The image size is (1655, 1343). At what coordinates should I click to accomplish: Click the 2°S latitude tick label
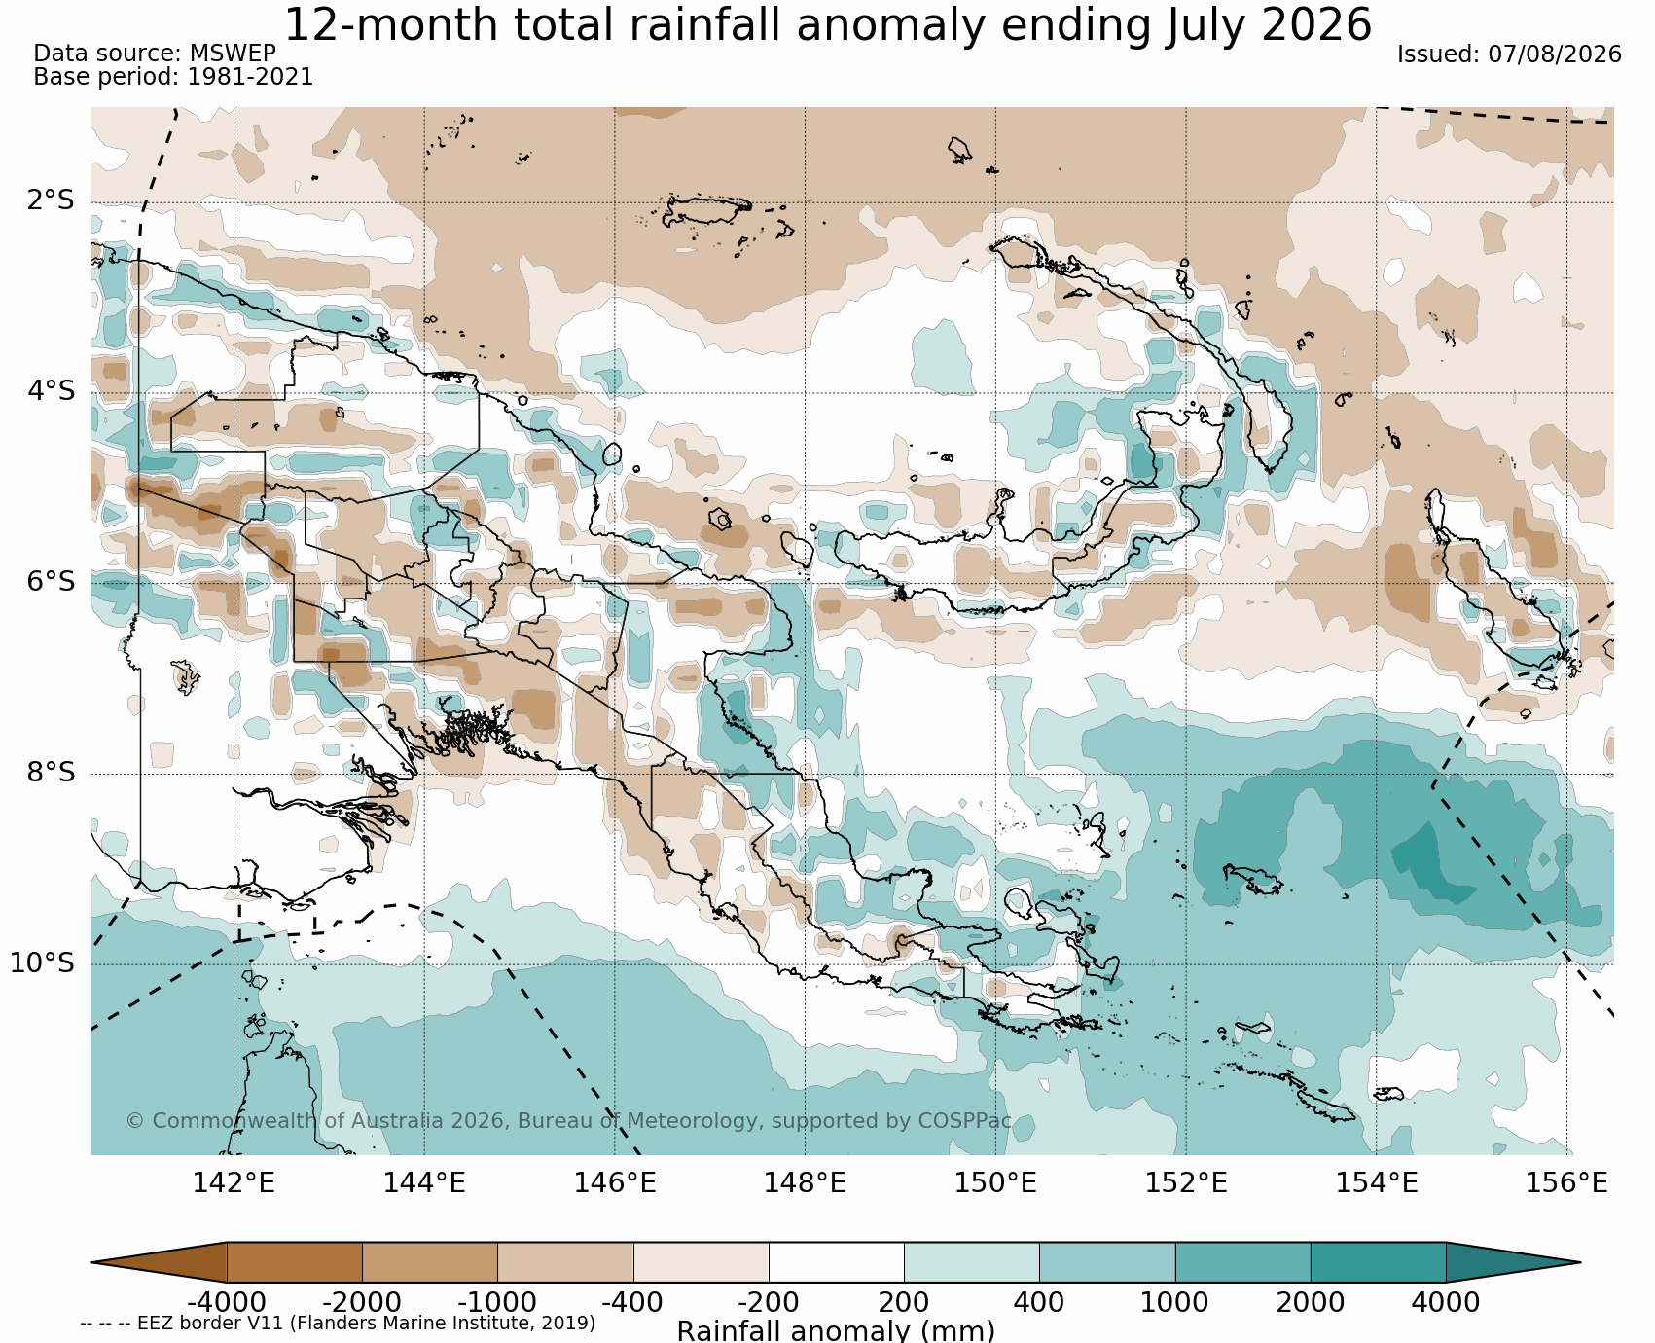[x=51, y=201]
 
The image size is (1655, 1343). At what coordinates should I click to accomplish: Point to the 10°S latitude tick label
[x=43, y=963]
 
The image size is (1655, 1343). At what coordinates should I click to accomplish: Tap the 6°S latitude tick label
[x=51, y=582]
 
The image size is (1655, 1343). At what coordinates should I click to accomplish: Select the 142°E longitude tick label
[x=234, y=1183]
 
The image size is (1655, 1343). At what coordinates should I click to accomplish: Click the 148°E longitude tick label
[x=805, y=1183]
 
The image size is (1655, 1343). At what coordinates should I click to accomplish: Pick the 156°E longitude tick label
[x=1566, y=1183]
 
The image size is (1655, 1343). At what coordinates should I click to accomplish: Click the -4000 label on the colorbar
[x=227, y=1302]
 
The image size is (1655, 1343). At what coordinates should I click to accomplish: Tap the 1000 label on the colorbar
[x=1174, y=1302]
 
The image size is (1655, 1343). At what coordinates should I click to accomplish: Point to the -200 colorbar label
[x=769, y=1302]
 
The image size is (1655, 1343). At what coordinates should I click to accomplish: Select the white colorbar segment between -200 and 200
[x=837, y=1262]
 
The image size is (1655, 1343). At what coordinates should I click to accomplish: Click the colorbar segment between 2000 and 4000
[x=1378, y=1262]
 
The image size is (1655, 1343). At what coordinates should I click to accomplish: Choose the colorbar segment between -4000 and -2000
[x=295, y=1262]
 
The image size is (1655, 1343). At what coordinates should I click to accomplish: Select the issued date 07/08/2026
[x=1555, y=54]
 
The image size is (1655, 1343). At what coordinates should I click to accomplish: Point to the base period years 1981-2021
[x=250, y=77]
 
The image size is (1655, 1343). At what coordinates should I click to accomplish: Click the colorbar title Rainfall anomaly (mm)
[x=836, y=1330]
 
